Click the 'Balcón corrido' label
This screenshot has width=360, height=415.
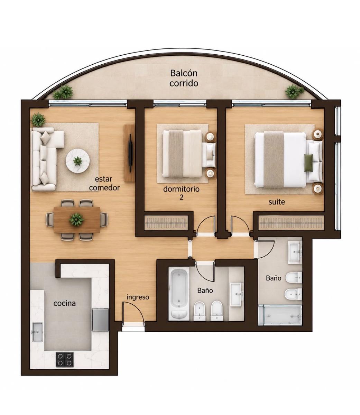click(x=184, y=78)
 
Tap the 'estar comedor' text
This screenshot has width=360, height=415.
click(x=104, y=183)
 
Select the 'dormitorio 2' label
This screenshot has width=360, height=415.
click(x=181, y=193)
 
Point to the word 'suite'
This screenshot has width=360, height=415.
click(x=277, y=202)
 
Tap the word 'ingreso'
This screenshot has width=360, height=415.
click(x=138, y=297)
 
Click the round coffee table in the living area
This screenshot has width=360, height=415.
click(x=78, y=161)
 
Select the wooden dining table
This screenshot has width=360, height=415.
click(x=77, y=220)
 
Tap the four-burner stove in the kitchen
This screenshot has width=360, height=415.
click(x=65, y=359)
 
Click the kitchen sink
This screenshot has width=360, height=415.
click(x=37, y=332)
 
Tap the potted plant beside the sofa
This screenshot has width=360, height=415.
click(x=38, y=120)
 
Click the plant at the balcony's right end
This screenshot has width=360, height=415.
click(x=294, y=92)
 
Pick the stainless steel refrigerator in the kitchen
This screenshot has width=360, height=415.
click(x=100, y=320)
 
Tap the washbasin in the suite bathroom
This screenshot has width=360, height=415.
click(x=295, y=253)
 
